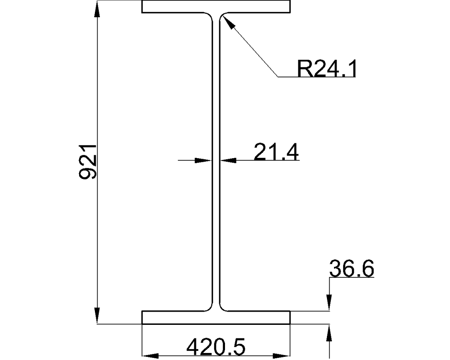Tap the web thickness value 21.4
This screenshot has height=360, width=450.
pyautogui.click(x=276, y=153)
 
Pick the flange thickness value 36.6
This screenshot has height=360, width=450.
pyautogui.click(x=352, y=269)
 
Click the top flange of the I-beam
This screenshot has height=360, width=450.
pyautogui.click(x=216, y=6)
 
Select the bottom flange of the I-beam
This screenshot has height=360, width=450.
pyautogui.click(x=216, y=317)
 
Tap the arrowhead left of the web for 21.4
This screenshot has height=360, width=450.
pyautogui.click(x=204, y=160)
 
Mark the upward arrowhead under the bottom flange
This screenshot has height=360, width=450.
pyautogui.click(x=329, y=331)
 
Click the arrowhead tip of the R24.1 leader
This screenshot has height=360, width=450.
pyautogui.click(x=224, y=17)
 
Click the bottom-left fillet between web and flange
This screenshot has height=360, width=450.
pyautogui.click(x=210, y=308)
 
